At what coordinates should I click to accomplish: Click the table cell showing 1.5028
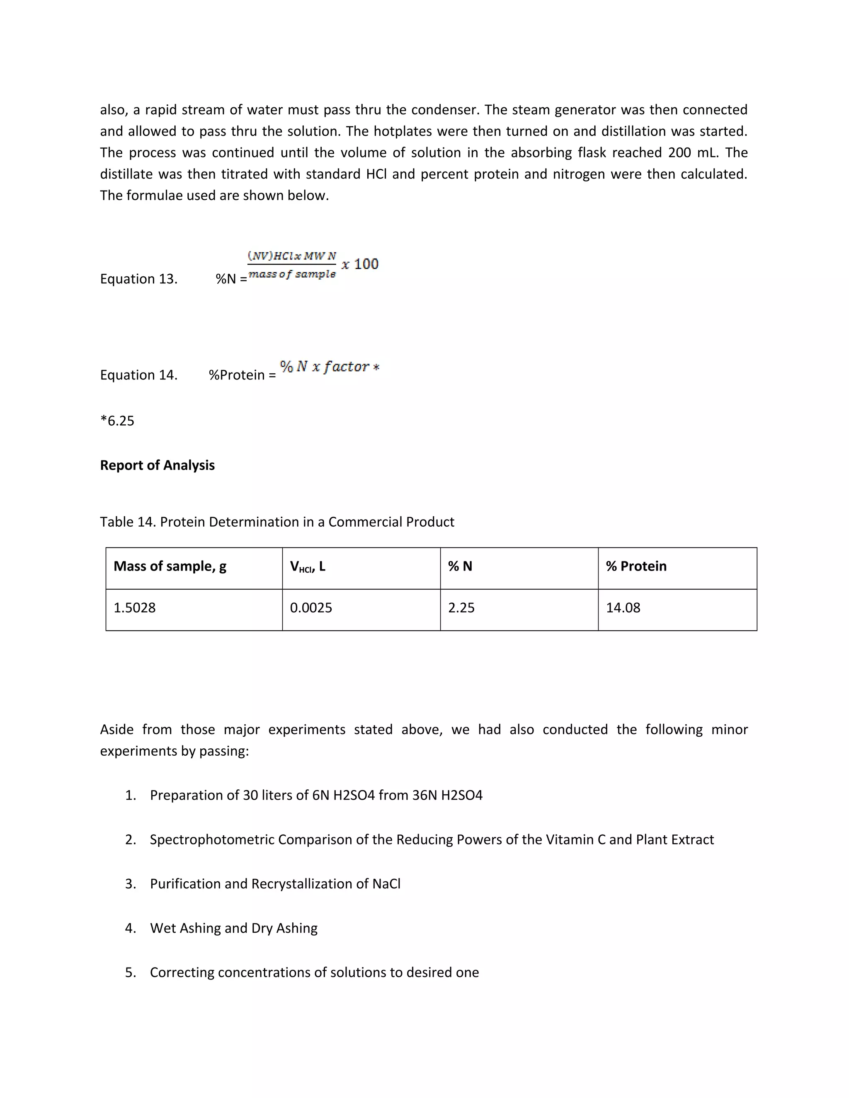click(x=134, y=608)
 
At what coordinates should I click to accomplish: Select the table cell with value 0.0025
click(x=311, y=608)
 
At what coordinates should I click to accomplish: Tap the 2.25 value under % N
click(x=461, y=608)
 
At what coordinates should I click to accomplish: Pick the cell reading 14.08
click(x=623, y=608)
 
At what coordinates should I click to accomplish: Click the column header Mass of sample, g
click(x=170, y=566)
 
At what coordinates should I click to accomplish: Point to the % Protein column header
click(x=636, y=566)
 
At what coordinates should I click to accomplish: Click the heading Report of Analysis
click(x=157, y=465)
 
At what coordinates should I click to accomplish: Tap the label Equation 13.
click(x=138, y=279)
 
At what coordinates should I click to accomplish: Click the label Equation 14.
click(x=138, y=375)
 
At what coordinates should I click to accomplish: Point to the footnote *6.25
click(x=117, y=421)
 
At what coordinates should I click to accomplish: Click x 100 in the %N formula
click(x=360, y=264)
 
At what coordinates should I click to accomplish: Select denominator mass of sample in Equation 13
click(x=292, y=274)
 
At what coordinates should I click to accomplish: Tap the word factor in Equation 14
click(x=347, y=367)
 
